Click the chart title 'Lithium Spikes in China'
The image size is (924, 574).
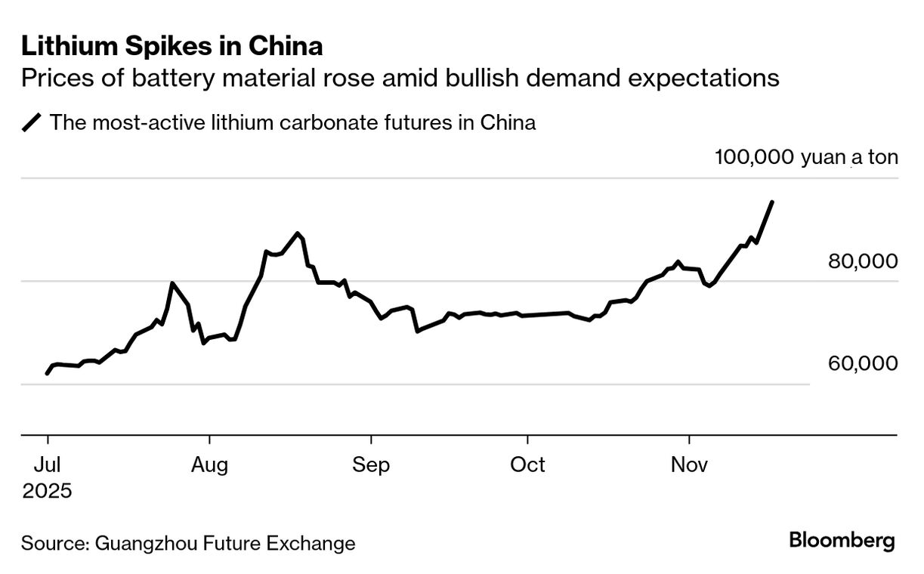coord(172,47)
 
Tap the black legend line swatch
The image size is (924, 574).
coord(32,122)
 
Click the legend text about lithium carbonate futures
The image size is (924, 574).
coord(292,122)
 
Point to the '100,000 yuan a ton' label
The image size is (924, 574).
coord(806,157)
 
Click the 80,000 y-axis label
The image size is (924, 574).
coord(863,261)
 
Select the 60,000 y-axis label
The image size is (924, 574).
coord(863,363)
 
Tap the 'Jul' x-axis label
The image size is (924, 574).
coord(47,464)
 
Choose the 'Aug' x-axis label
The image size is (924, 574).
coord(209,464)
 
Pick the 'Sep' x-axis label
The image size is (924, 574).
coord(371,464)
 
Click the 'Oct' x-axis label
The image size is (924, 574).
coord(527,464)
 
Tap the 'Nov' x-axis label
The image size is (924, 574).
coord(689,464)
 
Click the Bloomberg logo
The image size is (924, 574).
coord(842,541)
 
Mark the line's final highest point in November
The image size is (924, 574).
coord(771,202)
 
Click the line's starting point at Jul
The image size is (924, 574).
coord(47,373)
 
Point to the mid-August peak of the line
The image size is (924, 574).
coord(298,233)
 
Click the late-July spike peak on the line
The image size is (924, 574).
coord(173,283)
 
